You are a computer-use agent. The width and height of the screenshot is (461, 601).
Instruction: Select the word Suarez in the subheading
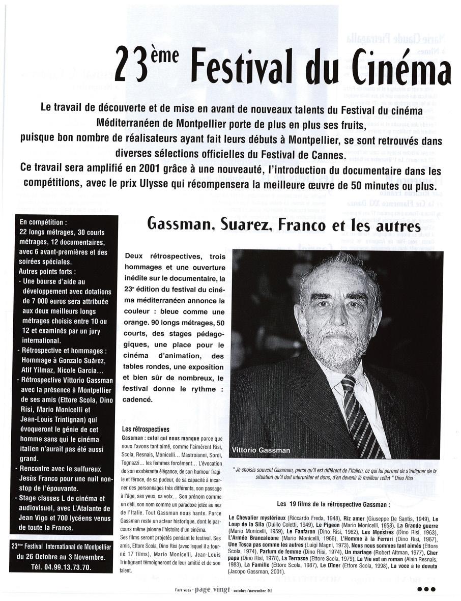[x=244, y=224]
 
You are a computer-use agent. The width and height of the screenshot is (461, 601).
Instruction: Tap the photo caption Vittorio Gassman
[x=261, y=450]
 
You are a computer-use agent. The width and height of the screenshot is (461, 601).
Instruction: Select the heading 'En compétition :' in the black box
[x=43, y=222]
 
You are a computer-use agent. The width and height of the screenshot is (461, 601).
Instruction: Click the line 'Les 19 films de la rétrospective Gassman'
[x=333, y=504]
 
